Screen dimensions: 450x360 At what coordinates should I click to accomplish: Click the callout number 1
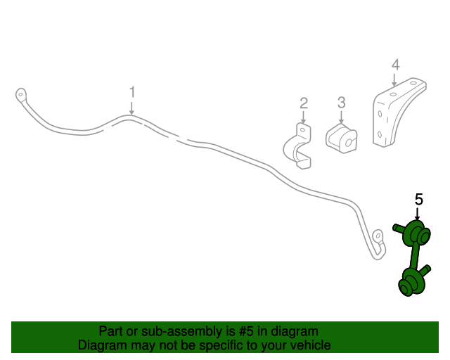pos(132,92)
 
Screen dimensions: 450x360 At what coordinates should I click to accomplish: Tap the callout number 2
pos(304,103)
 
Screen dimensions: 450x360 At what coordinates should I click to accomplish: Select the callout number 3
pos(341,103)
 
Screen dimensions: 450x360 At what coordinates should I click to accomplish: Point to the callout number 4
pos(395,65)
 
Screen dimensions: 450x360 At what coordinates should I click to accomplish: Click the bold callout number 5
pos(419,199)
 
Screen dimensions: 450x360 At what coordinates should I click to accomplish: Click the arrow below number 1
pos(131,108)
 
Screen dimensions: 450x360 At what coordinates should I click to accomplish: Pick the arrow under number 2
pos(303,117)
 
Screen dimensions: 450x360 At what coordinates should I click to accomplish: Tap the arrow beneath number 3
pos(341,117)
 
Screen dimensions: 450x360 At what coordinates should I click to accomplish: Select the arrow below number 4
pos(394,80)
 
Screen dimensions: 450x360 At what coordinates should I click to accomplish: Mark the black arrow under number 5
pos(418,214)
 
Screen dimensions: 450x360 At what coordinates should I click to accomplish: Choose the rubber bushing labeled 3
pos(342,139)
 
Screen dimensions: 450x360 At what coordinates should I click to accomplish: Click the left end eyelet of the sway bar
pos(20,94)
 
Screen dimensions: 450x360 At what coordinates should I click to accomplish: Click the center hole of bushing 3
pos(349,143)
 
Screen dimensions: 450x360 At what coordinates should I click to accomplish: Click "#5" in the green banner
pos(246,332)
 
